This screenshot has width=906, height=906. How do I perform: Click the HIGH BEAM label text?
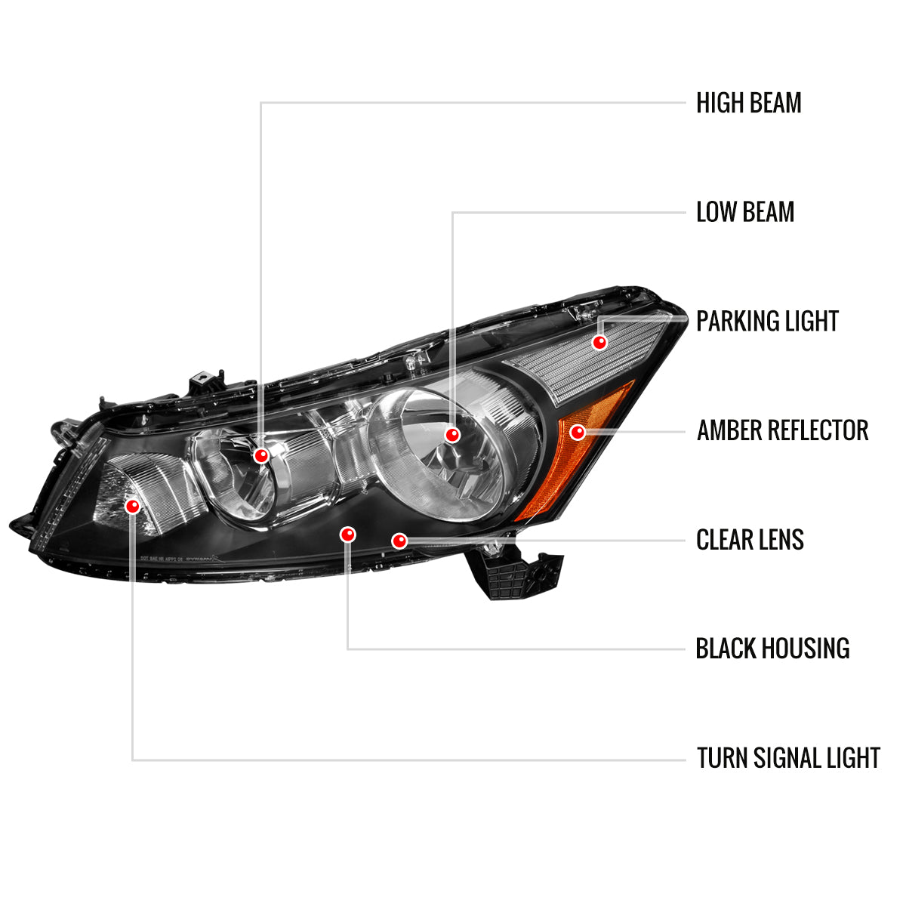tap(748, 103)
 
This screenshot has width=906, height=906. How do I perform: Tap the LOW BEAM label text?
tap(745, 212)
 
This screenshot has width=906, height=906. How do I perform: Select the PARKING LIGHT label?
tap(767, 322)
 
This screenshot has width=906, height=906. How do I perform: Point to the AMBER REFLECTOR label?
tap(782, 431)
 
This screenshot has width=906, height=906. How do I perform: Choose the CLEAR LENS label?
tap(750, 540)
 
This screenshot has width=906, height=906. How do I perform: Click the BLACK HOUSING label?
tap(772, 649)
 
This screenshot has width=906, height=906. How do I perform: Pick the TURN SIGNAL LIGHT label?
tap(788, 758)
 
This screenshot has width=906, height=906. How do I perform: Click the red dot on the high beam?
tap(262, 455)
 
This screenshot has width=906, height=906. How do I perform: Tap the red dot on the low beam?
tap(452, 435)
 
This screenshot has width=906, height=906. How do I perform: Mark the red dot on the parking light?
tap(599, 342)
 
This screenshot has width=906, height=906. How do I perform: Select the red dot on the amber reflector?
tap(578, 432)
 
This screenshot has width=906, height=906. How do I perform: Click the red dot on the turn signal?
tap(133, 506)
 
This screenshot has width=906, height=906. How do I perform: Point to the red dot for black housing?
tap(347, 535)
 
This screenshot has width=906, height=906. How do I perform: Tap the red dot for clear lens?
tap(399, 541)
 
